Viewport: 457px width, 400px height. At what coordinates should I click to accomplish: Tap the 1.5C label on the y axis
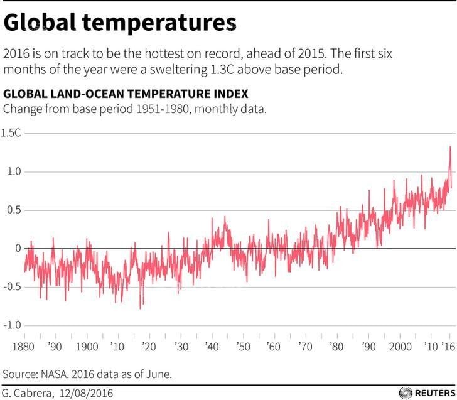coord(12,133)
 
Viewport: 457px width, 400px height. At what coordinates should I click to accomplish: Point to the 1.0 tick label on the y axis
coord(14,171)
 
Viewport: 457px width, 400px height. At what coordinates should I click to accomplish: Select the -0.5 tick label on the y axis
coord(13,287)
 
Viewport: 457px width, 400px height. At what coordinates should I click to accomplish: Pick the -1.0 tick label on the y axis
coord(13,325)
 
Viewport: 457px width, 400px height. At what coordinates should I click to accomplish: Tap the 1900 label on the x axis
coord(87,347)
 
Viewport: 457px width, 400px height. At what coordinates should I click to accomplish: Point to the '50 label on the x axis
coord(242,347)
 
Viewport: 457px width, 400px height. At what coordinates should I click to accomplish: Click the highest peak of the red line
coord(449,146)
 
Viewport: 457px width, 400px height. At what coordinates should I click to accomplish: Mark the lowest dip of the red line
coord(140,308)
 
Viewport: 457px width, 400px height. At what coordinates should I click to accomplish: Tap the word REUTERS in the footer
coord(434,392)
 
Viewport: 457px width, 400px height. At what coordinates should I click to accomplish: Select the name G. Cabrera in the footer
coord(29,392)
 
